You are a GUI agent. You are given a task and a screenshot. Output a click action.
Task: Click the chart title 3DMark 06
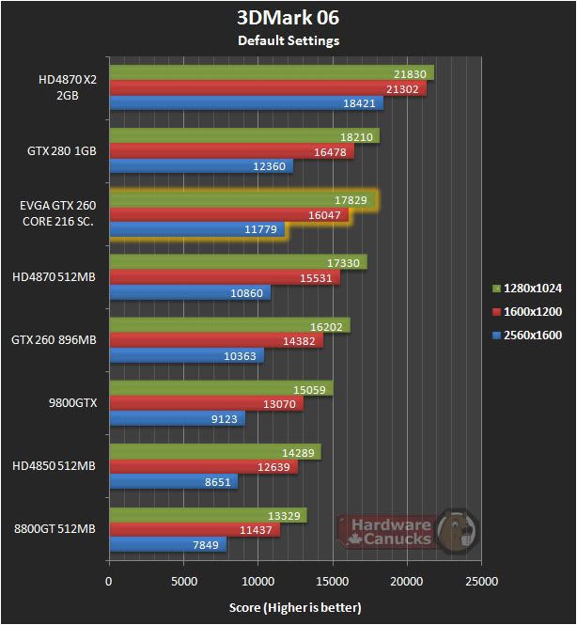[x=288, y=18]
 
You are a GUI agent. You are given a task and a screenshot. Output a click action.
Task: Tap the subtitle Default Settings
[x=288, y=40]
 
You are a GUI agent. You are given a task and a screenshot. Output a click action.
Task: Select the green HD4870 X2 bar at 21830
[x=272, y=73]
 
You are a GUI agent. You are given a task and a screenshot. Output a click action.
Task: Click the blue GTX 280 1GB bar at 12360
[x=201, y=166]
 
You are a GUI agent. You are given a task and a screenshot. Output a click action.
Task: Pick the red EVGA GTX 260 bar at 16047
[x=228, y=214]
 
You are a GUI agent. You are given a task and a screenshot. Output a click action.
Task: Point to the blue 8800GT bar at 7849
[x=168, y=544]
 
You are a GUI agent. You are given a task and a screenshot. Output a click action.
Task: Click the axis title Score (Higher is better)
[x=294, y=607]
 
